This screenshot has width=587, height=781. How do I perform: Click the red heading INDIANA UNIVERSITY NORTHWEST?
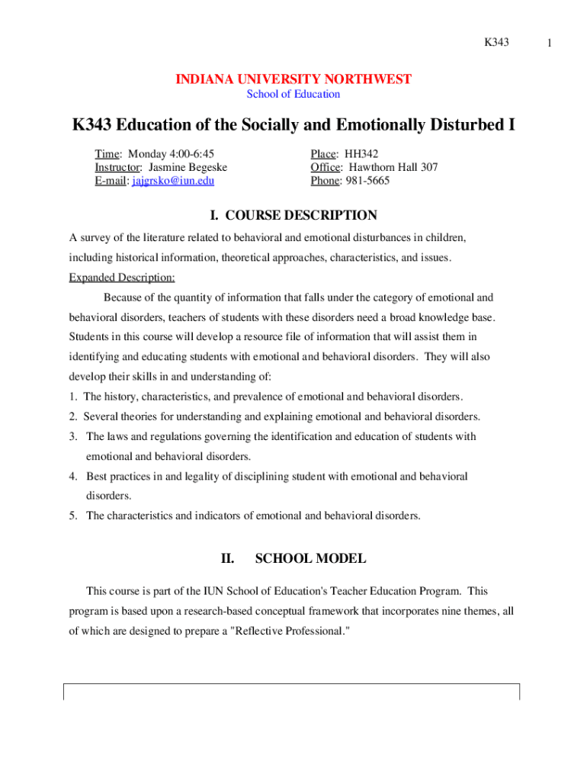tap(293, 79)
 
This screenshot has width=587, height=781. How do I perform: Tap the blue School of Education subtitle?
tap(293, 95)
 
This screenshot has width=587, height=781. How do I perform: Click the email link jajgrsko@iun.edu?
tap(173, 181)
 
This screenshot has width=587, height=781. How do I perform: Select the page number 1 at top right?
tap(559, 43)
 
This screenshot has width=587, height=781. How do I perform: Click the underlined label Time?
tap(107, 153)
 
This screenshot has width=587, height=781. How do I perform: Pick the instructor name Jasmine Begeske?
tap(188, 167)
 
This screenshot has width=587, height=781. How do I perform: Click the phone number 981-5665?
tap(368, 181)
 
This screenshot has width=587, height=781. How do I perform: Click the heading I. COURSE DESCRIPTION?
tap(293, 216)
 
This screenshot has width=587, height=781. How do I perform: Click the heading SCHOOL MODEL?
tap(310, 559)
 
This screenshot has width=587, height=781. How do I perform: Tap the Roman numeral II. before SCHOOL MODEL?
tap(227, 559)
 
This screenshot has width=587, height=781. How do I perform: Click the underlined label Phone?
tap(324, 181)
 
